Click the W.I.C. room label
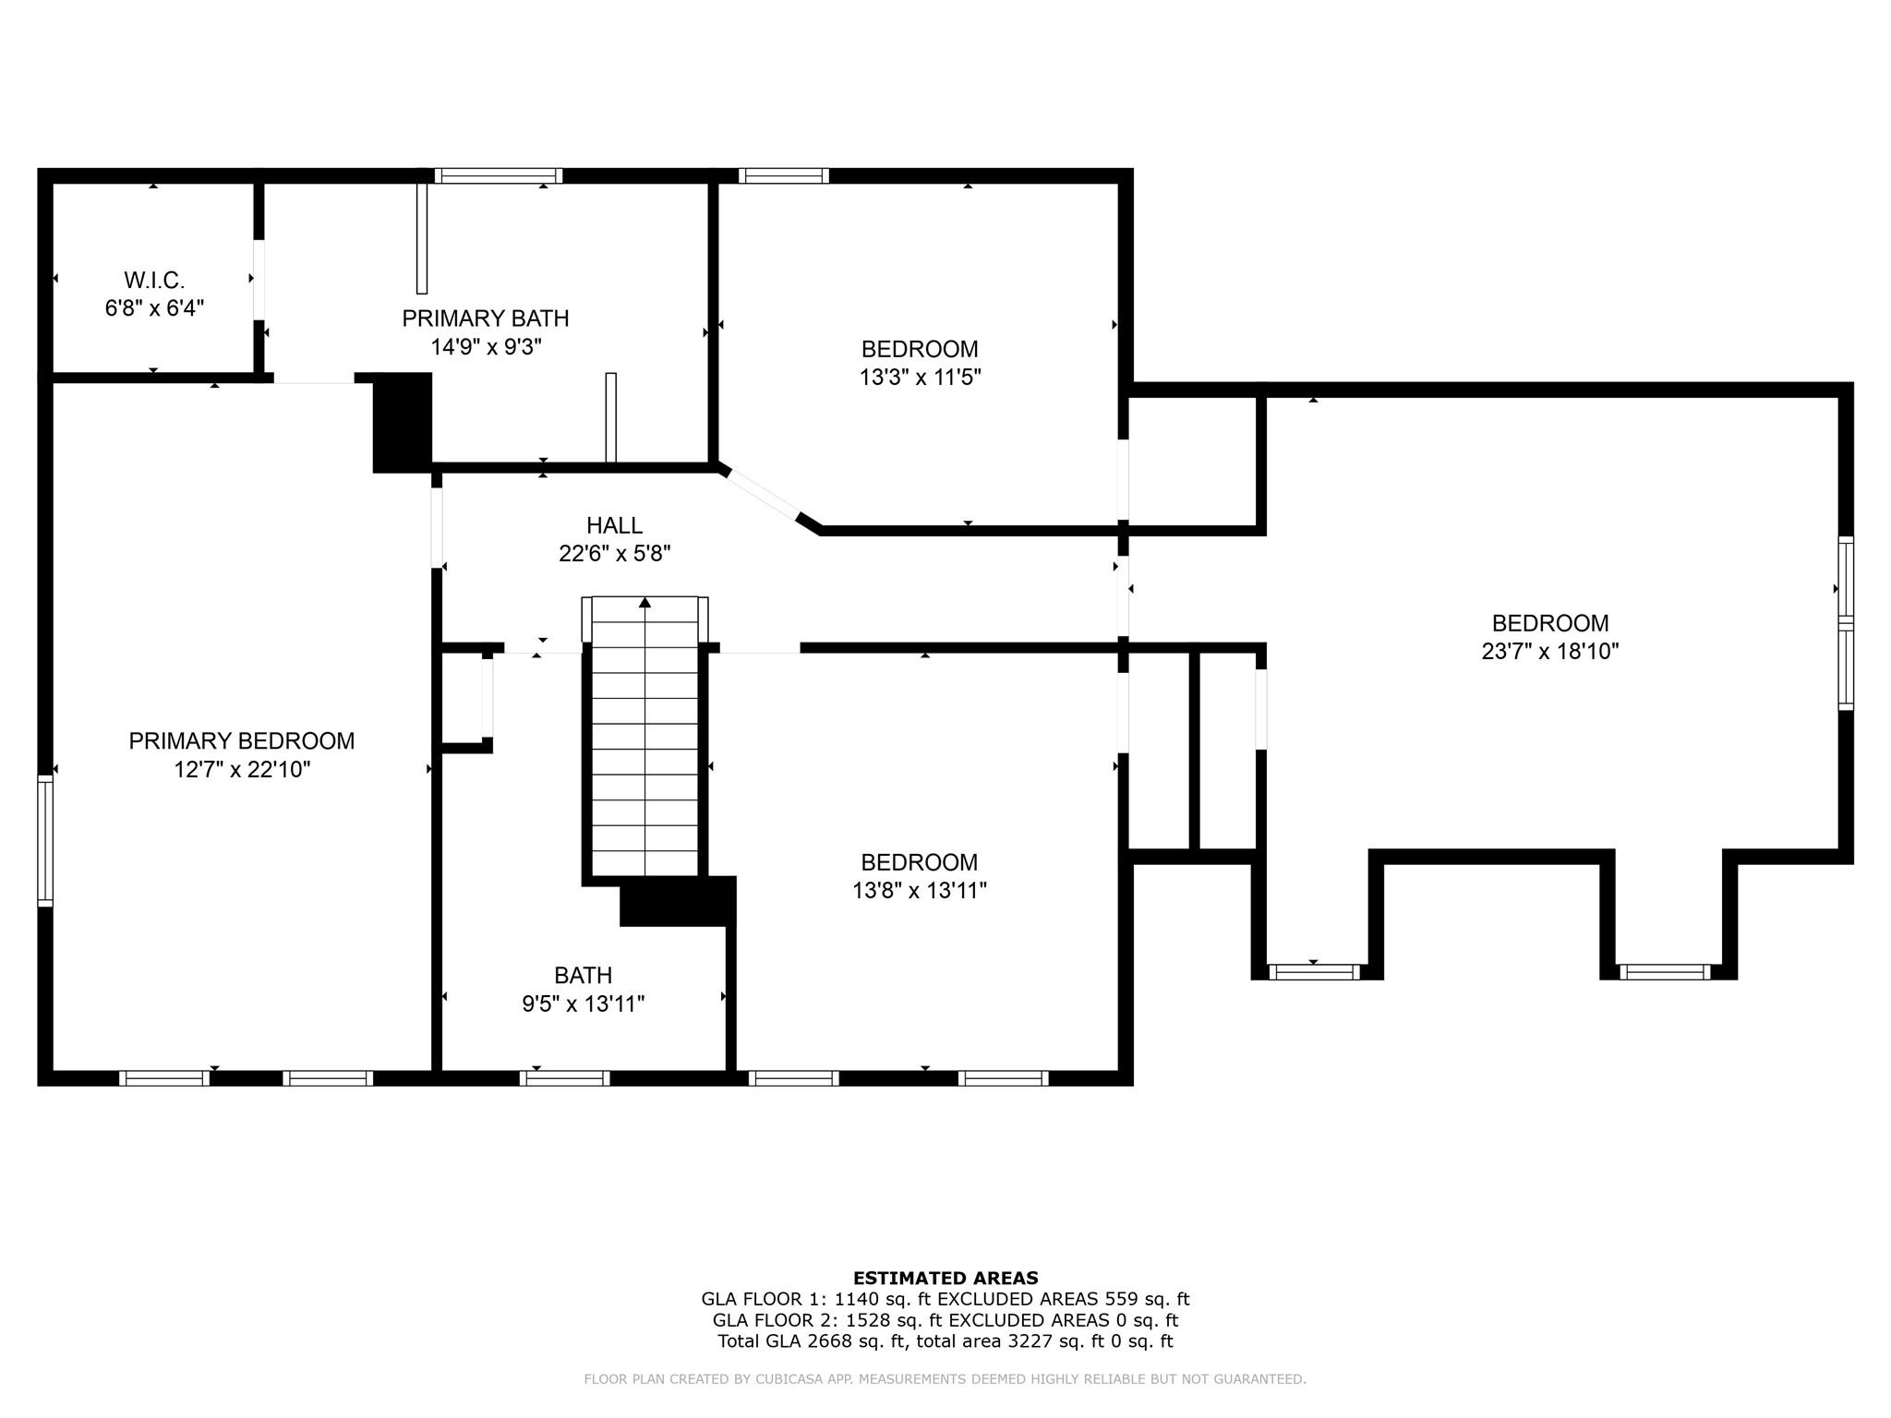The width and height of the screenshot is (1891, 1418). tap(154, 280)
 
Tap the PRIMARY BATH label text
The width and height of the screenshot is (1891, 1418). tap(485, 318)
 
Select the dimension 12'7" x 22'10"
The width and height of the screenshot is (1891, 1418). tap(242, 769)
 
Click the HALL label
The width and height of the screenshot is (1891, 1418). tap(614, 525)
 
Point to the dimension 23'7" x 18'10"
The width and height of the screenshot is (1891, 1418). tap(1549, 651)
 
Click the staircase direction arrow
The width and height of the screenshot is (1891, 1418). tap(644, 603)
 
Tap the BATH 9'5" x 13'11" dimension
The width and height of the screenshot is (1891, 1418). tap(583, 1003)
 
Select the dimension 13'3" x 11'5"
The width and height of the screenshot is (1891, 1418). tap(920, 377)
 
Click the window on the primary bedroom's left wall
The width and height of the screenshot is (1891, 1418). tap(44, 840)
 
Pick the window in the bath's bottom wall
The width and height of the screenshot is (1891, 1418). tap(565, 1077)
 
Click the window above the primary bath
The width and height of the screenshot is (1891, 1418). tap(499, 175)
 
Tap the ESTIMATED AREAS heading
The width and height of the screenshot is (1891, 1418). tap(945, 1278)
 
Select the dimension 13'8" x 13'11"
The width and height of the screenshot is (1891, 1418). tap(920, 890)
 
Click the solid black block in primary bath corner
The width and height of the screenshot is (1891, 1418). tap(403, 422)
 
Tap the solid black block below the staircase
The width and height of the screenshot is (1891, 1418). tap(677, 900)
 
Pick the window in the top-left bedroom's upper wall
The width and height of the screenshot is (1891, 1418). tap(783, 175)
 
